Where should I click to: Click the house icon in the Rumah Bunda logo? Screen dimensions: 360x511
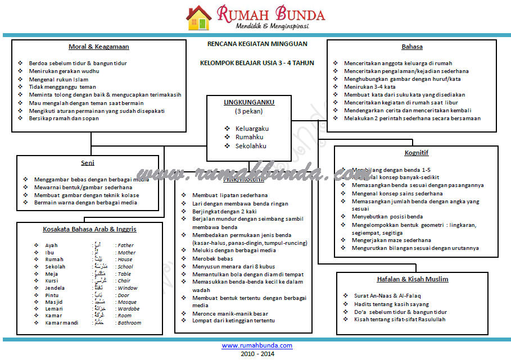(199, 17)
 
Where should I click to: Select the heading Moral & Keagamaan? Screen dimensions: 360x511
(99, 47)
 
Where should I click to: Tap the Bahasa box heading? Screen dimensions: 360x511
(412, 47)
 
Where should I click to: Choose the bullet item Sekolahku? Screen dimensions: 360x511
(251, 146)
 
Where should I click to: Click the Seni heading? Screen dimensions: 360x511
(87, 163)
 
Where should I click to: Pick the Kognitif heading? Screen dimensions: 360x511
(417, 153)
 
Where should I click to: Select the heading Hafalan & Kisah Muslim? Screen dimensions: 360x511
(413, 279)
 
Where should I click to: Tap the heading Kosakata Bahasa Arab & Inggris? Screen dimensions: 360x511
(89, 229)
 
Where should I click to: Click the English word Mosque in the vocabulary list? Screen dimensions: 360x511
(127, 302)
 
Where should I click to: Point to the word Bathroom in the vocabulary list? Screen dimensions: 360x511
(129, 323)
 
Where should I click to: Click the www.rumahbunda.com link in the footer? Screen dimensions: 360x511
(257, 345)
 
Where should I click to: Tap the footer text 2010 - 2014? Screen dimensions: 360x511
(257, 354)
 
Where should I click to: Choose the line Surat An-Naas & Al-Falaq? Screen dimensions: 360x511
(387, 295)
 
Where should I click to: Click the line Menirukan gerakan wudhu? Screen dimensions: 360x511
(64, 71)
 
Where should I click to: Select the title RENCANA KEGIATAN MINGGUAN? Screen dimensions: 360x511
(257, 44)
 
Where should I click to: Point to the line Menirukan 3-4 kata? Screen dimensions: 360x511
(369, 87)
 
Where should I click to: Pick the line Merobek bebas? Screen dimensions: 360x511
(212, 258)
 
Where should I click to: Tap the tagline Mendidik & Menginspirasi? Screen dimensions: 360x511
(272, 26)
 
